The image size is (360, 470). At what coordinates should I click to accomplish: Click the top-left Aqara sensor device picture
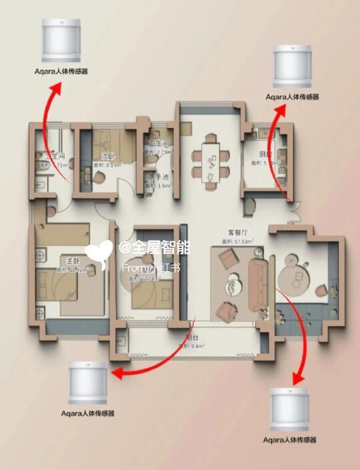click(x=62, y=39)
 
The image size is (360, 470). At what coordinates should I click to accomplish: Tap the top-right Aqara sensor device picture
click(x=292, y=65)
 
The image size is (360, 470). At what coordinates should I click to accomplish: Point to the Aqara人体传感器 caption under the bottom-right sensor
click(x=289, y=440)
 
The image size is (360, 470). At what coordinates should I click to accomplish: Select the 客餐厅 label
click(x=238, y=232)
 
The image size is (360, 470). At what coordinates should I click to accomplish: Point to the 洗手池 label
click(x=159, y=176)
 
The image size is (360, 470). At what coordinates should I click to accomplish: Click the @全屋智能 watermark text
click(x=155, y=248)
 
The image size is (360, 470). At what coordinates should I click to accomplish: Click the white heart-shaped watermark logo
click(x=99, y=251)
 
